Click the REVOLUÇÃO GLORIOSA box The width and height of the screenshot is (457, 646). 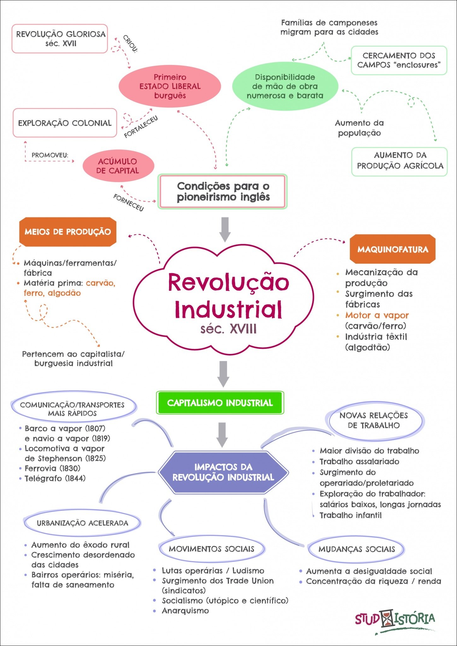pos(60,38)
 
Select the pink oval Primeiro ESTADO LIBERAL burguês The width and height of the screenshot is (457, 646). pos(170,86)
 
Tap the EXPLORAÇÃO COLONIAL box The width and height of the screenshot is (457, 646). pos(65,123)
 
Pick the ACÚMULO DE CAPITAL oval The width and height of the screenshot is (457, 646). pos(118,166)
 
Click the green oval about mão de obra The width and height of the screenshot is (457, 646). pos(285,86)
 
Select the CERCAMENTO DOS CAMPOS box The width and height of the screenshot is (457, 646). pos(399,60)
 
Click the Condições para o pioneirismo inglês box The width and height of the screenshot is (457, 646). pos(223,191)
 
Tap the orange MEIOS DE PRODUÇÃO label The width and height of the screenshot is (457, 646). pos(67,232)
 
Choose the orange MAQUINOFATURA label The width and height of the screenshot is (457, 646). pos(393,249)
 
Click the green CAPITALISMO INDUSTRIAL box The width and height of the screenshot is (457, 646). pos(220,403)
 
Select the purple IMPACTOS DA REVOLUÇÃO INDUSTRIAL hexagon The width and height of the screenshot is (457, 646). pos(223,472)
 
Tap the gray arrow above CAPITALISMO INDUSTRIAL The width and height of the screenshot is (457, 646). pos(223,374)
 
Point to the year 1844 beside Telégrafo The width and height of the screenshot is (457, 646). pos(75,478)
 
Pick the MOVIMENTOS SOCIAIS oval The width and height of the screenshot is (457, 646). pos(212,549)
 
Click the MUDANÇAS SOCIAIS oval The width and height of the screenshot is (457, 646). pos(356,549)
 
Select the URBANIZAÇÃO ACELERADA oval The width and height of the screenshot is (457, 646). pos(82,523)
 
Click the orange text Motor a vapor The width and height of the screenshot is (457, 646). pos(377,315)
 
